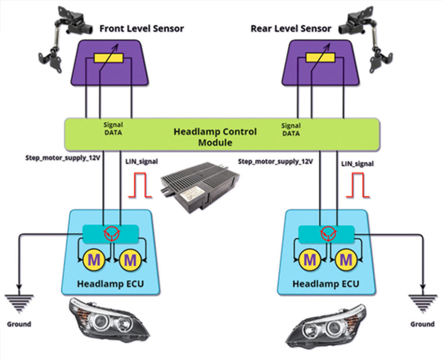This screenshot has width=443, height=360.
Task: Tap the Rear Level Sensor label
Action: [291, 28]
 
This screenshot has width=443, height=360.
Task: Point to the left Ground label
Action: [20, 324]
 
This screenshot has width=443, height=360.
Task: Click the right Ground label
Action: [422, 324]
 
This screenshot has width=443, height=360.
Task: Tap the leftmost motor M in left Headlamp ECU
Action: [92, 260]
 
